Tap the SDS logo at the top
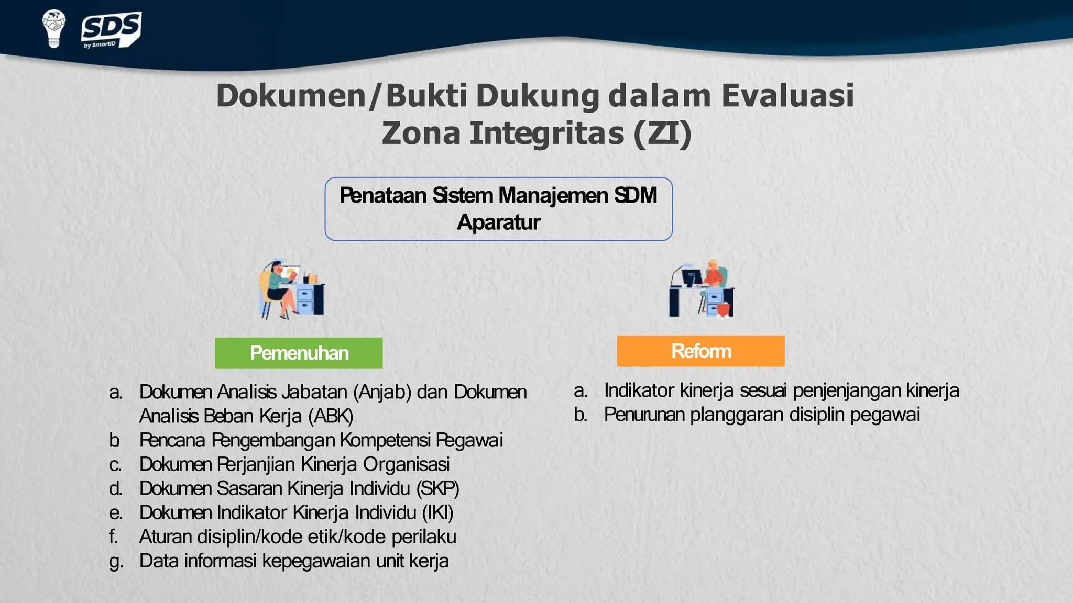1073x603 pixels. point(111,30)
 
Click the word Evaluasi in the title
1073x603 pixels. point(787,96)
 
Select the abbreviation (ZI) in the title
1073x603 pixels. point(662,133)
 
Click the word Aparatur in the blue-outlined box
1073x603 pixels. point(498,222)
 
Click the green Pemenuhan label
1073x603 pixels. point(299,353)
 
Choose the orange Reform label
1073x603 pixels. point(700,351)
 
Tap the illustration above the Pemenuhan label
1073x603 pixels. point(291,289)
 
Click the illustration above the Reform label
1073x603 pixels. point(702,288)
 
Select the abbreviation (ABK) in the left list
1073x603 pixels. point(331,416)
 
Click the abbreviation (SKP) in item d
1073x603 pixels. point(438,488)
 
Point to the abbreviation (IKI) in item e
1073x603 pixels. point(438,512)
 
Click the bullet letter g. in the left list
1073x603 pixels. point(116,561)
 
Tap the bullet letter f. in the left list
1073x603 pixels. point(114,537)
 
